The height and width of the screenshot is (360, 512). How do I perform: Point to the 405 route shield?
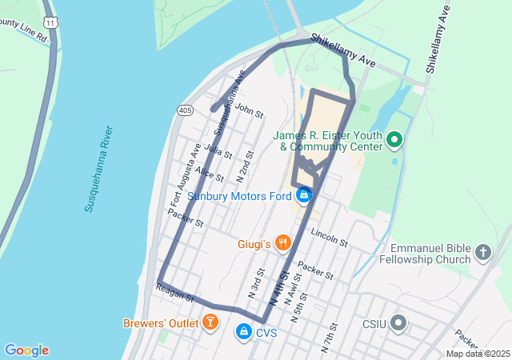click(186, 109)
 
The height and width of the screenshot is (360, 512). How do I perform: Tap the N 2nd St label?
click(246, 165)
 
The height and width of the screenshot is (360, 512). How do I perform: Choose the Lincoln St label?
click(330, 237)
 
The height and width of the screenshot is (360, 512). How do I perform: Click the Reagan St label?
click(176, 294)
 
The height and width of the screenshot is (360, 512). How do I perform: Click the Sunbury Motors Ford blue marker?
click(304, 195)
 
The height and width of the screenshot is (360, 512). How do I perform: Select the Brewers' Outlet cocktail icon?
click(210, 323)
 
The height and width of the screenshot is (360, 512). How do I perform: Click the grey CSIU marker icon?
click(398, 324)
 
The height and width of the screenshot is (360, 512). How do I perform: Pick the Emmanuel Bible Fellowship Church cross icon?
click(482, 253)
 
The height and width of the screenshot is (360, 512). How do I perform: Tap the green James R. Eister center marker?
click(394, 142)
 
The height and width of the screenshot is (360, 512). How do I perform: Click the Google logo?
click(26, 350)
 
